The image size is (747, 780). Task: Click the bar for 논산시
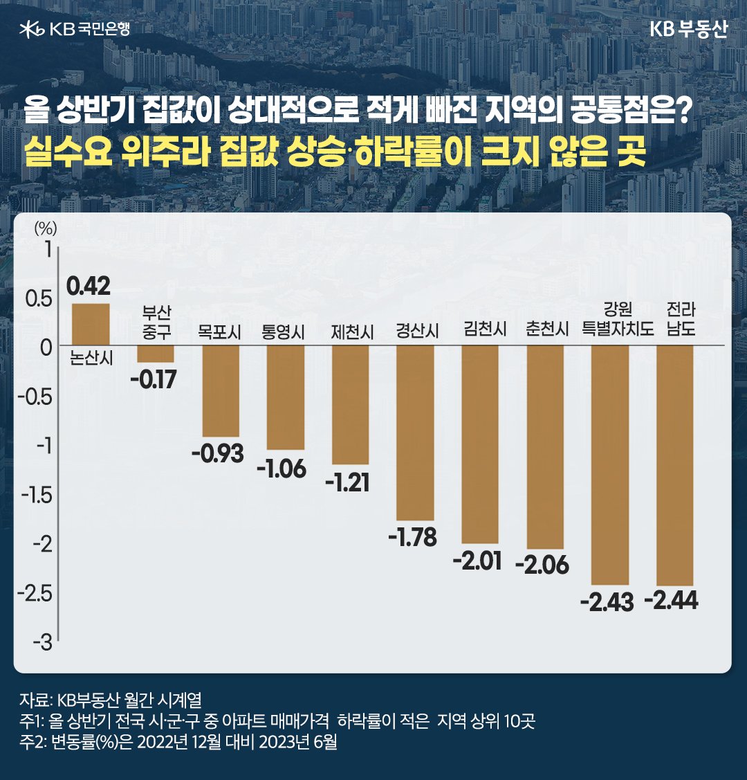(91, 324)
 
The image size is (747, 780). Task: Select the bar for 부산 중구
(155, 354)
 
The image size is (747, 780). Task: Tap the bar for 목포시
(220, 390)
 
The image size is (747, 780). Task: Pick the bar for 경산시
(415, 432)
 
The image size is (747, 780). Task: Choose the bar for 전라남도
(675, 464)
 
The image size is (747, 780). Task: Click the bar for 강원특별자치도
(610, 464)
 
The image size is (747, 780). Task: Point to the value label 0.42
(89, 286)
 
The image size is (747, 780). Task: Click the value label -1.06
(281, 469)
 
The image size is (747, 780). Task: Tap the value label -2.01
(477, 561)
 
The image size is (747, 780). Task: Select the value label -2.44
(671, 600)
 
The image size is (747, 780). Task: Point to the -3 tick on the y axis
(42, 642)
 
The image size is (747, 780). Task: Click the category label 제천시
(352, 332)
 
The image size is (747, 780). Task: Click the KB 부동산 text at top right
(688, 30)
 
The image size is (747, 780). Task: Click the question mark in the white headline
(683, 111)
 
